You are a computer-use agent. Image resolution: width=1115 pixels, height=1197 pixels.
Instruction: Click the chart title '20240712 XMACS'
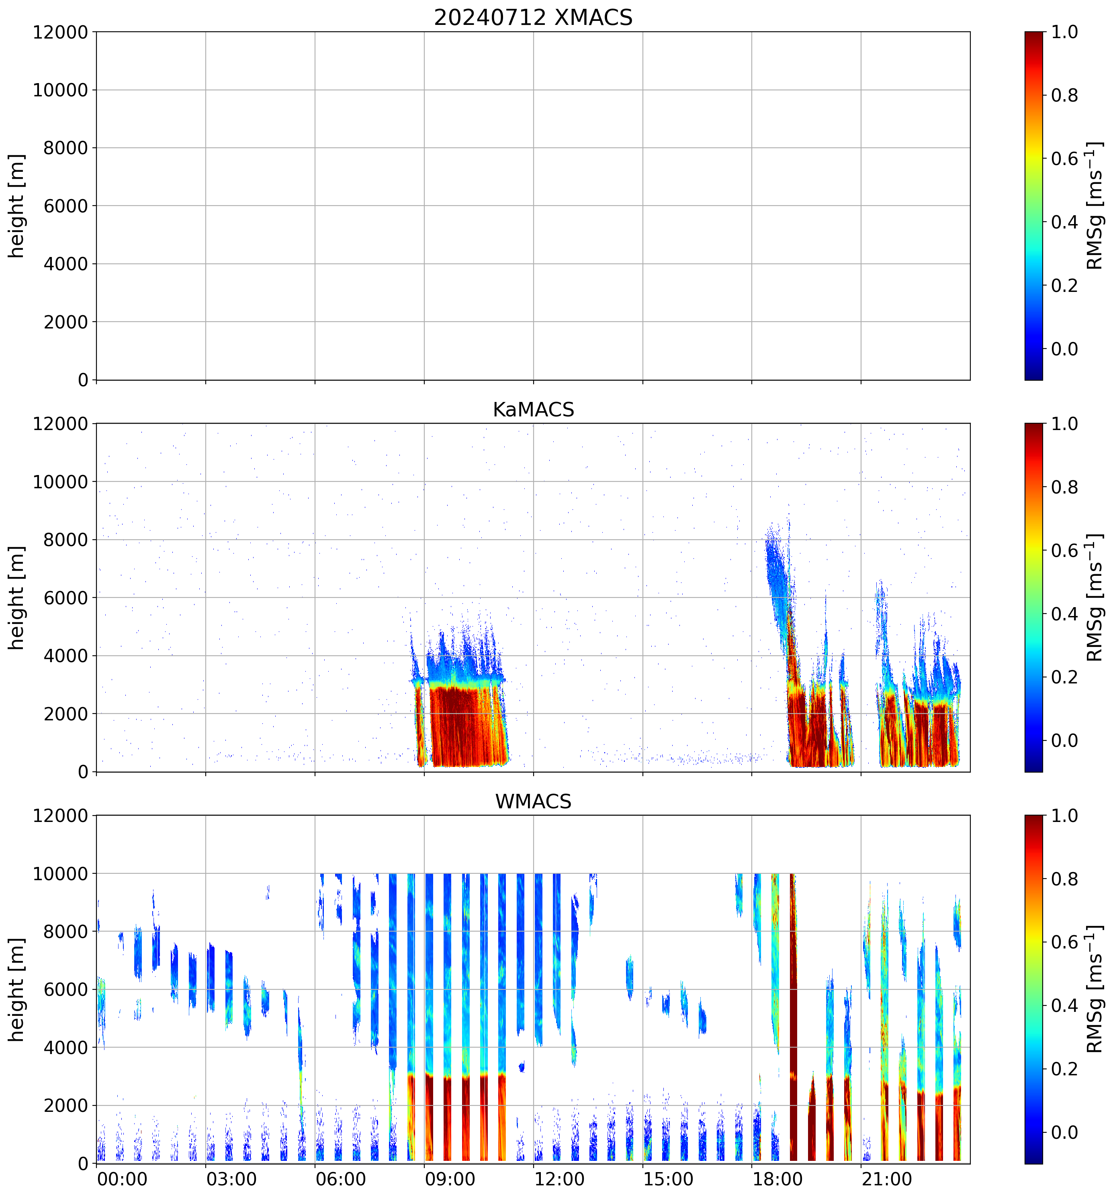tap(533, 17)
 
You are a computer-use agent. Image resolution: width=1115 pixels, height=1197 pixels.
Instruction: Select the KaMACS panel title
tap(533, 410)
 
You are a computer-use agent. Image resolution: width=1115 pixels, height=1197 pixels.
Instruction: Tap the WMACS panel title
tap(533, 801)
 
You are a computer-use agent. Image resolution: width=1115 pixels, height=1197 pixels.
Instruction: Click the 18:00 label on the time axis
tap(777, 1179)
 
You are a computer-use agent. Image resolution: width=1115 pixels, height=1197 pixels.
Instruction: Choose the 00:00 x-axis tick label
tap(122, 1179)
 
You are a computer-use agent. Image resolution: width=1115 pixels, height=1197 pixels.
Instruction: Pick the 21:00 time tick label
tap(886, 1179)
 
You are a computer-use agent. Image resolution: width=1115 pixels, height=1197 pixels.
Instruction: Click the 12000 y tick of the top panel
tap(60, 32)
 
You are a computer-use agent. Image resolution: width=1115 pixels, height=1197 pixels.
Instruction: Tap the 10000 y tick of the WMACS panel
tap(60, 874)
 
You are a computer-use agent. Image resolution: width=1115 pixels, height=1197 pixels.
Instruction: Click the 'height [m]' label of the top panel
tap(17, 206)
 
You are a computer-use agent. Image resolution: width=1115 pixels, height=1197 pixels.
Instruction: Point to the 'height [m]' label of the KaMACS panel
tap(17, 598)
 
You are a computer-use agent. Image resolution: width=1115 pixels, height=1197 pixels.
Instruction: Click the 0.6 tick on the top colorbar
tap(1064, 159)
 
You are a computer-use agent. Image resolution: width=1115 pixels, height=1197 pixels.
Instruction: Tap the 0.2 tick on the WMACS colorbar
tap(1064, 1069)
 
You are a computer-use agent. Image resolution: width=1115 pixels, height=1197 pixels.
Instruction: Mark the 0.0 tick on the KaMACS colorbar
tap(1064, 740)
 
